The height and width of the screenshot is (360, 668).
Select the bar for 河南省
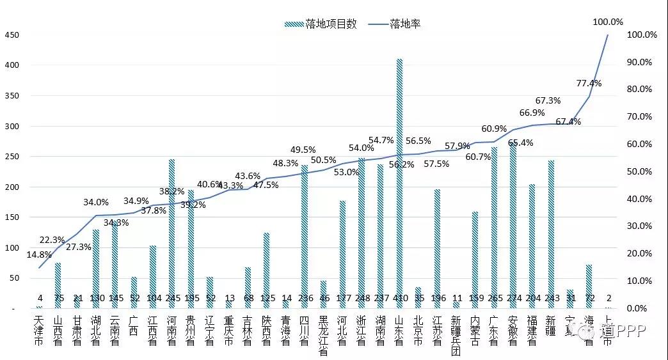click(x=171, y=230)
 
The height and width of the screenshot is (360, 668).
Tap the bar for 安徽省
click(x=513, y=224)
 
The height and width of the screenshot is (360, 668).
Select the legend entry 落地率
click(x=397, y=24)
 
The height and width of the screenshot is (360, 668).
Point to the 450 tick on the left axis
click(x=12, y=35)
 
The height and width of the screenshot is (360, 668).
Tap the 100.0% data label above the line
click(x=607, y=22)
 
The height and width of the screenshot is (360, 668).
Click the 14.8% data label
click(x=40, y=256)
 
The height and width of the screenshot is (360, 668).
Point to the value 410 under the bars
click(x=399, y=298)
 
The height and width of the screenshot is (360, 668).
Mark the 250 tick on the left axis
click(x=12, y=157)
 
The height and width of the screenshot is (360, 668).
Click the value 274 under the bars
click(x=513, y=298)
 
